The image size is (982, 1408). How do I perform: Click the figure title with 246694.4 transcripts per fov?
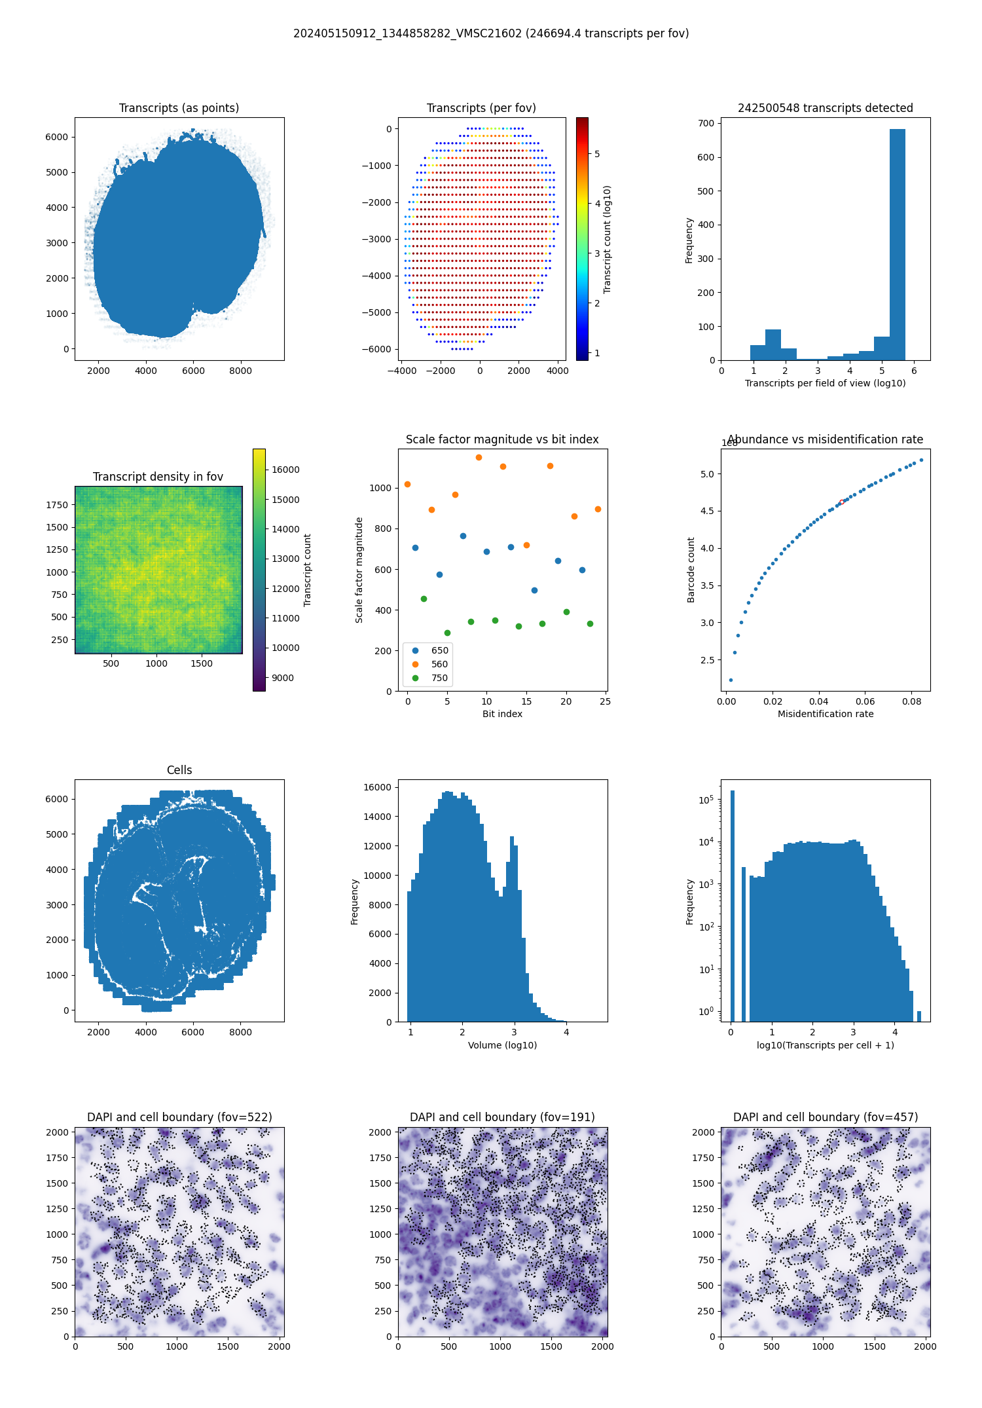pos(491,33)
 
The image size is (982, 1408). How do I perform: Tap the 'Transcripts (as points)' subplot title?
pos(179,108)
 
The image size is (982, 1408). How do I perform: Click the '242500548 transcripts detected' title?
pos(825,108)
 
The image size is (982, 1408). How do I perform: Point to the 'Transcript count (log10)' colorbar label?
pos(608,239)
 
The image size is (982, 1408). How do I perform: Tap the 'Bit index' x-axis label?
pos(502,714)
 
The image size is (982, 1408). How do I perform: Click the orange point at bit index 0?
pos(408,485)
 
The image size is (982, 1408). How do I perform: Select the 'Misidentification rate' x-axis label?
pos(825,714)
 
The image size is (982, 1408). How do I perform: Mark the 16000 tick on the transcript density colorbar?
pos(285,470)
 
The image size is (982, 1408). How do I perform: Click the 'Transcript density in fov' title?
pos(158,477)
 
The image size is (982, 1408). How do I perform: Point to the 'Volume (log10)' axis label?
pos(502,1045)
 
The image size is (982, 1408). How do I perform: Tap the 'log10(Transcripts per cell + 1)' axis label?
pos(825,1045)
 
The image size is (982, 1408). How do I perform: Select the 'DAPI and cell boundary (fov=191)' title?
pos(502,1117)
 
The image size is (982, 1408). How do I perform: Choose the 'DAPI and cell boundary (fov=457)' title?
pos(825,1117)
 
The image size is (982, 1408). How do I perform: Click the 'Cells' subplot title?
pos(179,770)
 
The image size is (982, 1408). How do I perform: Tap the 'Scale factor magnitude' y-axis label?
pos(359,570)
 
